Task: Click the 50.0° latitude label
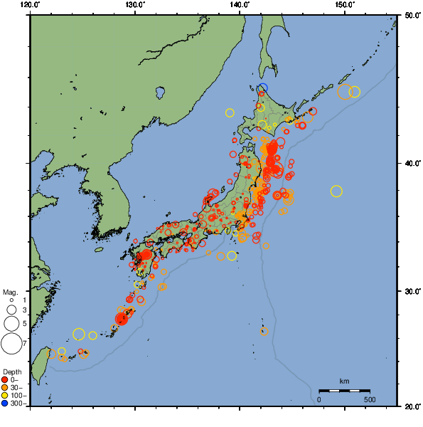(x=411, y=14)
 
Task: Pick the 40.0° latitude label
(x=411, y=163)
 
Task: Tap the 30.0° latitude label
(x=411, y=292)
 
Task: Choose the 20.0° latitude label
(x=411, y=406)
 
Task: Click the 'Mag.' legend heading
(x=10, y=292)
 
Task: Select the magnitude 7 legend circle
(x=11, y=344)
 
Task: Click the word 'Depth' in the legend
(x=12, y=372)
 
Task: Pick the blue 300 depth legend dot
(x=5, y=404)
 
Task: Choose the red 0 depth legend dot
(x=5, y=379)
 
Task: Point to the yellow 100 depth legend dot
(x=5, y=395)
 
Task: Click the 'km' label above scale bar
(x=344, y=381)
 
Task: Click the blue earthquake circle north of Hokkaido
(x=263, y=88)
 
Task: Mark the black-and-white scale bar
(x=344, y=390)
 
